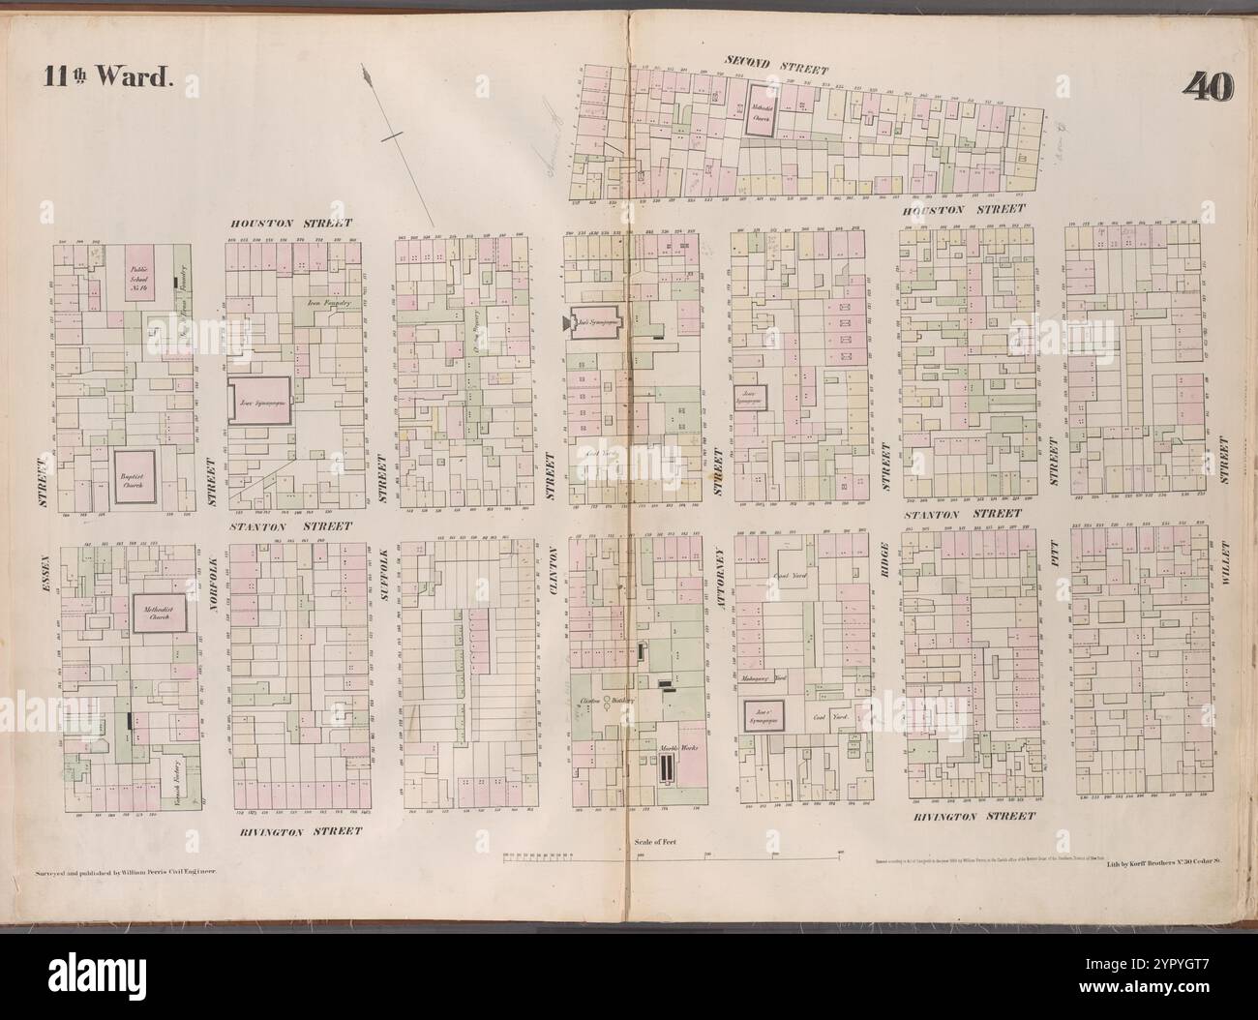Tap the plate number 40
tap(1207, 86)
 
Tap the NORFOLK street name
tap(212, 589)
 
